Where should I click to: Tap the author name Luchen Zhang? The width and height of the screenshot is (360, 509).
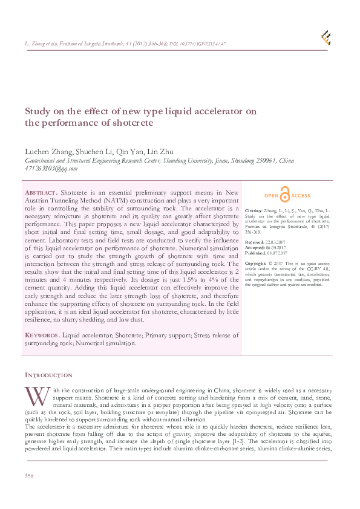coord(48,151)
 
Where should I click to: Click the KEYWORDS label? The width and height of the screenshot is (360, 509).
coord(42,335)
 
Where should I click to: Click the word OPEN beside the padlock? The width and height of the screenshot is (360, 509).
coord(272,196)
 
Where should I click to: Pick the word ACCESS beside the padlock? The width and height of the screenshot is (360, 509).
coord(301,196)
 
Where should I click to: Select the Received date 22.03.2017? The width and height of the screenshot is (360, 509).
coord(276,242)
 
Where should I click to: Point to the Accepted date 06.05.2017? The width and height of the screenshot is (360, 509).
coord(277,247)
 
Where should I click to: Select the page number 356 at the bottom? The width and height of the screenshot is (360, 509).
coord(28,476)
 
